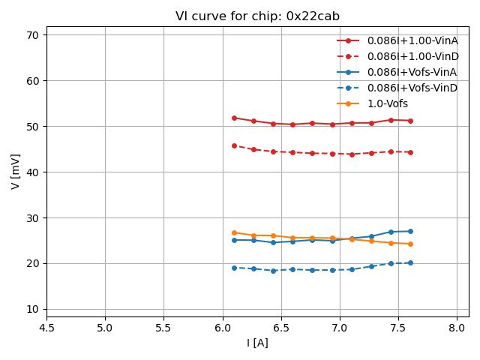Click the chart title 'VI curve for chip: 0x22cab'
coord(257,16)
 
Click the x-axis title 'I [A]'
coord(257,343)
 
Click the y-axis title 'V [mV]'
coord(16,171)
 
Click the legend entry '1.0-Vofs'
coord(388,103)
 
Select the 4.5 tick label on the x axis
coord(46,328)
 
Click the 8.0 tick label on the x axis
coord(457,328)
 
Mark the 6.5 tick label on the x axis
coord(281,328)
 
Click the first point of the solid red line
coord(234,118)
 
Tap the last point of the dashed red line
coord(410,152)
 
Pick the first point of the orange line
coord(234,232)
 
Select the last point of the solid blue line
coord(410,231)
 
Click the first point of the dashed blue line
coord(234,268)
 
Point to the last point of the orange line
coord(410,244)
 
